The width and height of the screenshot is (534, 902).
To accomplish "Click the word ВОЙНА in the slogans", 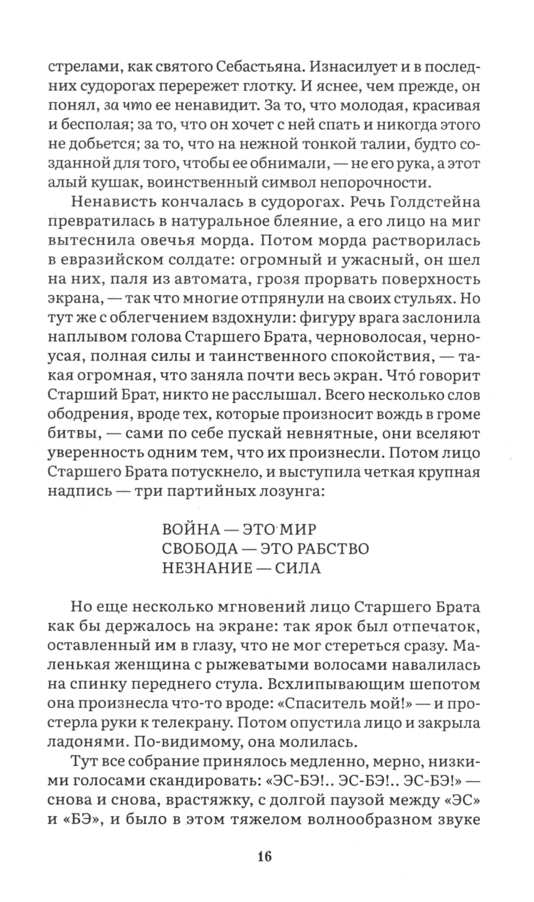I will [191, 529].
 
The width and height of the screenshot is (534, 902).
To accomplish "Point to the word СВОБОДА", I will [199, 549].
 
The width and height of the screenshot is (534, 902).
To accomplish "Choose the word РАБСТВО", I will [332, 549].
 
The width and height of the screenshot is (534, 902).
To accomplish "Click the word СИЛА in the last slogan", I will [298, 568].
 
